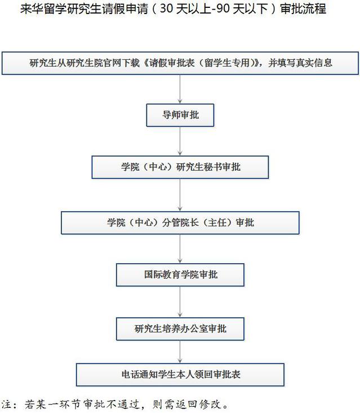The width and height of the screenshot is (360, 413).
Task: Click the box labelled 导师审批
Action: click(x=180, y=115)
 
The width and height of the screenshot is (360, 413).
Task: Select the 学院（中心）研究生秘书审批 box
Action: click(x=180, y=167)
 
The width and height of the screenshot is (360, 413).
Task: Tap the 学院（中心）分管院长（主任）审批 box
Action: click(x=180, y=223)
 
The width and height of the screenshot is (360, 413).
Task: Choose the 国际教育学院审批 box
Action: click(x=180, y=275)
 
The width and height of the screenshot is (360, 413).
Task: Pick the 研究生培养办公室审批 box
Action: click(x=180, y=328)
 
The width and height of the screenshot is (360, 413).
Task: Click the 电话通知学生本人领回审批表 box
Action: click(x=180, y=374)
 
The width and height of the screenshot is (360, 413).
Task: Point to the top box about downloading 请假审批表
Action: click(x=180, y=63)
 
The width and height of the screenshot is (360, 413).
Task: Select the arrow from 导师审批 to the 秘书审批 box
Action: click(x=180, y=141)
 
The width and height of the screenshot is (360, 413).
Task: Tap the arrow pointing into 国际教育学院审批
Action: click(x=180, y=248)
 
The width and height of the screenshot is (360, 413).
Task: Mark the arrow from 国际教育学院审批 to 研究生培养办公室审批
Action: click(x=180, y=302)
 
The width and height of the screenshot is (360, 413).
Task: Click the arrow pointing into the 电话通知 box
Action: click(x=180, y=352)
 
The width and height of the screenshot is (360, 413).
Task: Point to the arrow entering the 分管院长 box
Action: click(x=180, y=195)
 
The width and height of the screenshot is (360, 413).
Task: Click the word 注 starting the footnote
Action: click(x=7, y=405)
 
